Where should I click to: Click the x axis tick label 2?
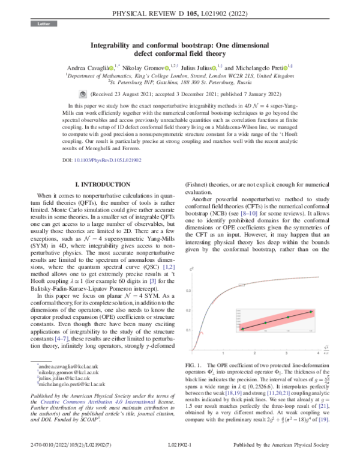(x=256, y=353)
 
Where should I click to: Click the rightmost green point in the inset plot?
(x=311, y=312)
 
